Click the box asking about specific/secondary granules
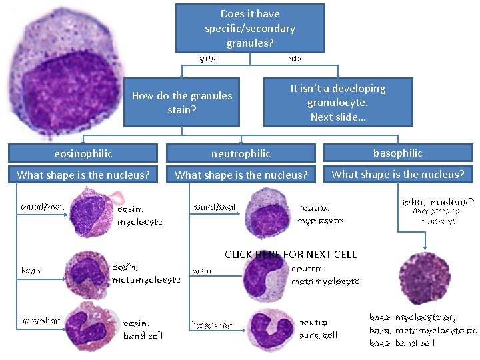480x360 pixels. coord(250,28)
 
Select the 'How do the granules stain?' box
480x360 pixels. coord(181,102)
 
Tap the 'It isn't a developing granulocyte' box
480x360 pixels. coord(337,102)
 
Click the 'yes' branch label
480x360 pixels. coord(208,59)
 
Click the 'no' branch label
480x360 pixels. coord(294,59)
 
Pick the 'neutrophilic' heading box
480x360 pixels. coord(241,153)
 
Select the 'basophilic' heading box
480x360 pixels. coord(397,153)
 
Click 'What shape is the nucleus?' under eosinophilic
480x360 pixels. coord(83,175)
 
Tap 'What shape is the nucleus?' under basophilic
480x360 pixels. coord(397,175)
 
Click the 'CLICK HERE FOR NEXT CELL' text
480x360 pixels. coord(291,254)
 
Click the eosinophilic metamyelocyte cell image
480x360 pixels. coord(88,271)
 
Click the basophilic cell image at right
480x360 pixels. coord(424,277)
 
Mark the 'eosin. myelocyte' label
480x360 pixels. coord(139,215)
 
